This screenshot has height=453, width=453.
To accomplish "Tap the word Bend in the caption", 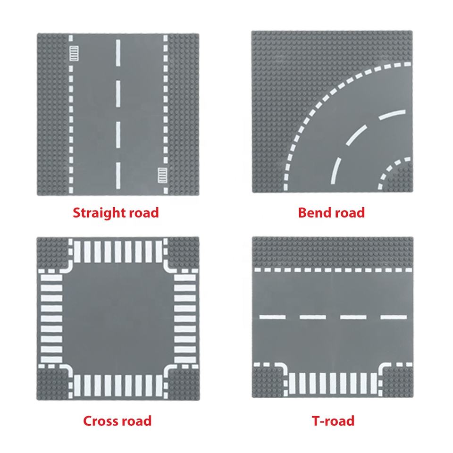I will click(x=313, y=213).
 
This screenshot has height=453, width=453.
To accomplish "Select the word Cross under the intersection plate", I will click(x=102, y=420).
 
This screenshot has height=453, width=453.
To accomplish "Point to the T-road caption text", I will click(x=333, y=420).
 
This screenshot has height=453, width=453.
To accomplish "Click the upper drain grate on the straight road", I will click(x=74, y=53).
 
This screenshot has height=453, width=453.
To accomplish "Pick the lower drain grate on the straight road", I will click(x=161, y=174).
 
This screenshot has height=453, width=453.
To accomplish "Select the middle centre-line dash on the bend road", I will click(x=361, y=136).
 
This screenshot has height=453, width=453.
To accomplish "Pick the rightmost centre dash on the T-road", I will click(x=394, y=316).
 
